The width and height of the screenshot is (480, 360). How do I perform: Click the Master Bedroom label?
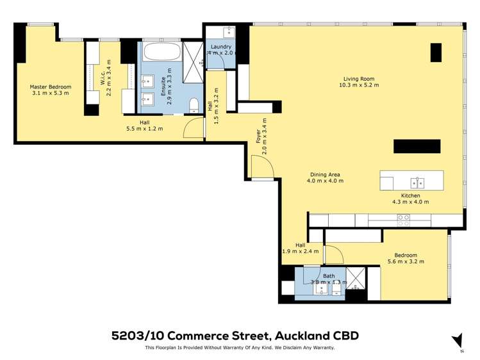click(50, 86)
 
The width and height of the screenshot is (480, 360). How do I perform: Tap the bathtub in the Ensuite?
click(161, 51)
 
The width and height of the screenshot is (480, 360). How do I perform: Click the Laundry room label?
click(220, 47)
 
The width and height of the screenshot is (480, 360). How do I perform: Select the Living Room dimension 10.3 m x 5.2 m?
click(359, 85)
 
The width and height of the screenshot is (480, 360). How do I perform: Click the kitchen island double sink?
click(417, 181)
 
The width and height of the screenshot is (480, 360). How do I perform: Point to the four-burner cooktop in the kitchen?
click(404, 220)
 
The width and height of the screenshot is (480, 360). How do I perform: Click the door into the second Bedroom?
click(334, 255)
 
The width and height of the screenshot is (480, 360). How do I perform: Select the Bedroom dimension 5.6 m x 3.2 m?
click(406, 261)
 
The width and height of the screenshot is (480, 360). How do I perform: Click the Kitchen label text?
click(410, 195)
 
